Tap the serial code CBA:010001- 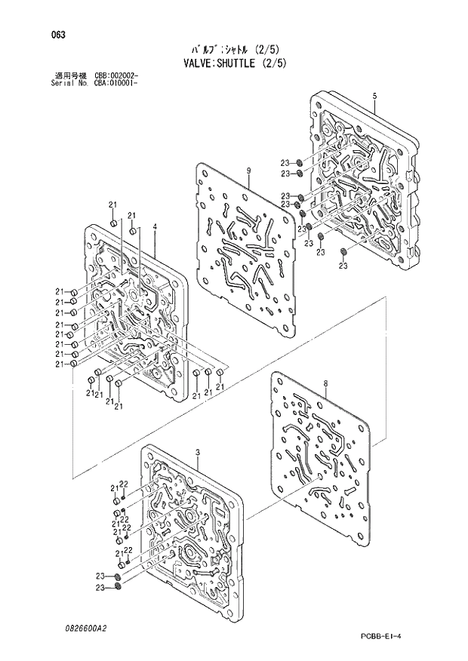click(x=116, y=83)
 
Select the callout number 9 click(x=248, y=171)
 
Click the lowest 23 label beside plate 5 click(x=343, y=266)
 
